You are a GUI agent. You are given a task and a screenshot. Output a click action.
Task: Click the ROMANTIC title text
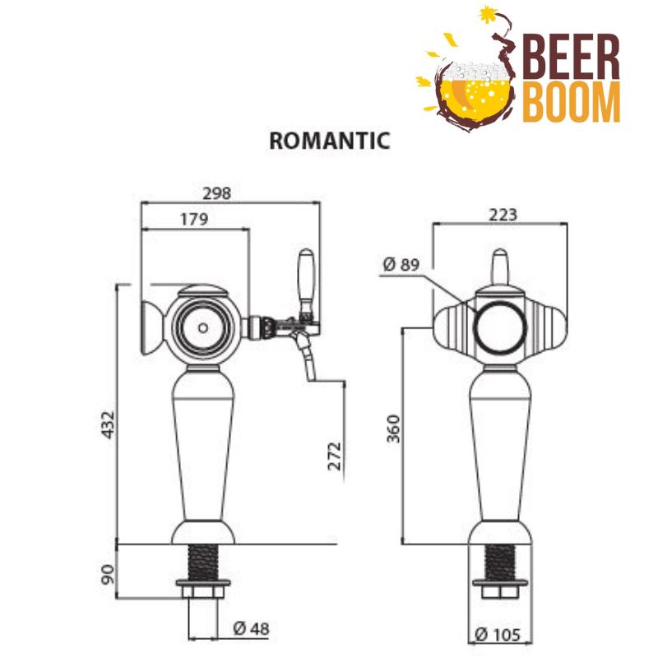329,141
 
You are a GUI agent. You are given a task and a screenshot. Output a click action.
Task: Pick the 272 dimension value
334,455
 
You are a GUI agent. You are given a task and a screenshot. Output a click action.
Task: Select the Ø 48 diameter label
251,630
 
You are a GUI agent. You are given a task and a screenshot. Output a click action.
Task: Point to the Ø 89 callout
401,265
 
